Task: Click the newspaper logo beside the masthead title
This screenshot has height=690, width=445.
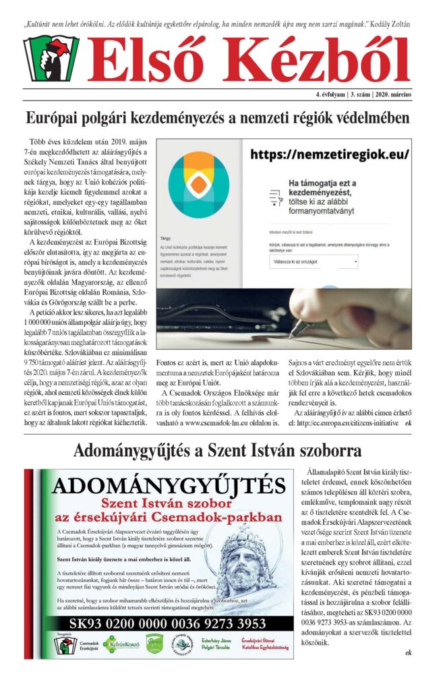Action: click(51, 59)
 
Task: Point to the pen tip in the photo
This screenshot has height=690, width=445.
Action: click(293, 333)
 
